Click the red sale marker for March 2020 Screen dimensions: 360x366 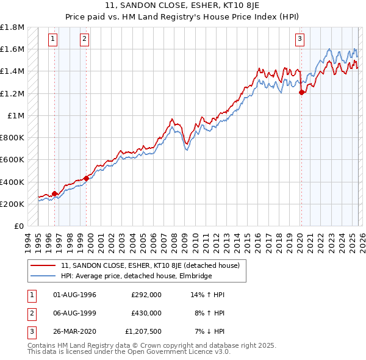click(x=301, y=93)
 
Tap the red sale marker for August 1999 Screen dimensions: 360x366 click(x=86, y=178)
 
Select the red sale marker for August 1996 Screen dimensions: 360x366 click(x=54, y=193)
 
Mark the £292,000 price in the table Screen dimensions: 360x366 click(x=146, y=295)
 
